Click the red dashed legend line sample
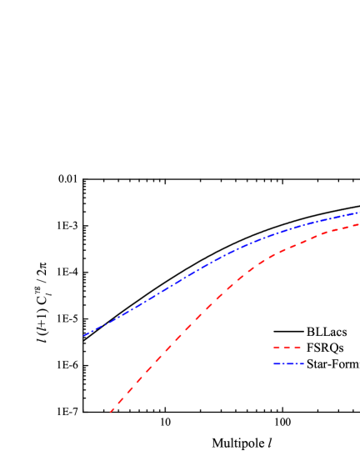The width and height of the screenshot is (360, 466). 287,348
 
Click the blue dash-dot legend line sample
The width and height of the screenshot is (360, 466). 288,363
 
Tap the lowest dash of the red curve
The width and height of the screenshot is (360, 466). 112,409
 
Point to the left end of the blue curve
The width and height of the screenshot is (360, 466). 84,335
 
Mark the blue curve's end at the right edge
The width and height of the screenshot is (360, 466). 358,213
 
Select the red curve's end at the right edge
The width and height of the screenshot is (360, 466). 358,224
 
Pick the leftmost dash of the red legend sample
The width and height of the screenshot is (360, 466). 276,348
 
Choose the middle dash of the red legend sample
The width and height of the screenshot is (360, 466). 287,348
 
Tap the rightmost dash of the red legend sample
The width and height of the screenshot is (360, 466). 297,348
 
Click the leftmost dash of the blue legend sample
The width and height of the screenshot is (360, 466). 277,363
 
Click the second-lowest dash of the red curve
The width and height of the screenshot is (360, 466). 122,398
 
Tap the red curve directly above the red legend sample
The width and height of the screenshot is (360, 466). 287,248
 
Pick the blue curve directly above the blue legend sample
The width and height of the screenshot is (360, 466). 288,231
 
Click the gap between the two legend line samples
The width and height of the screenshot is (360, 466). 287,356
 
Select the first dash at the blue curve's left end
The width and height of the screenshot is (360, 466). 87,333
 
